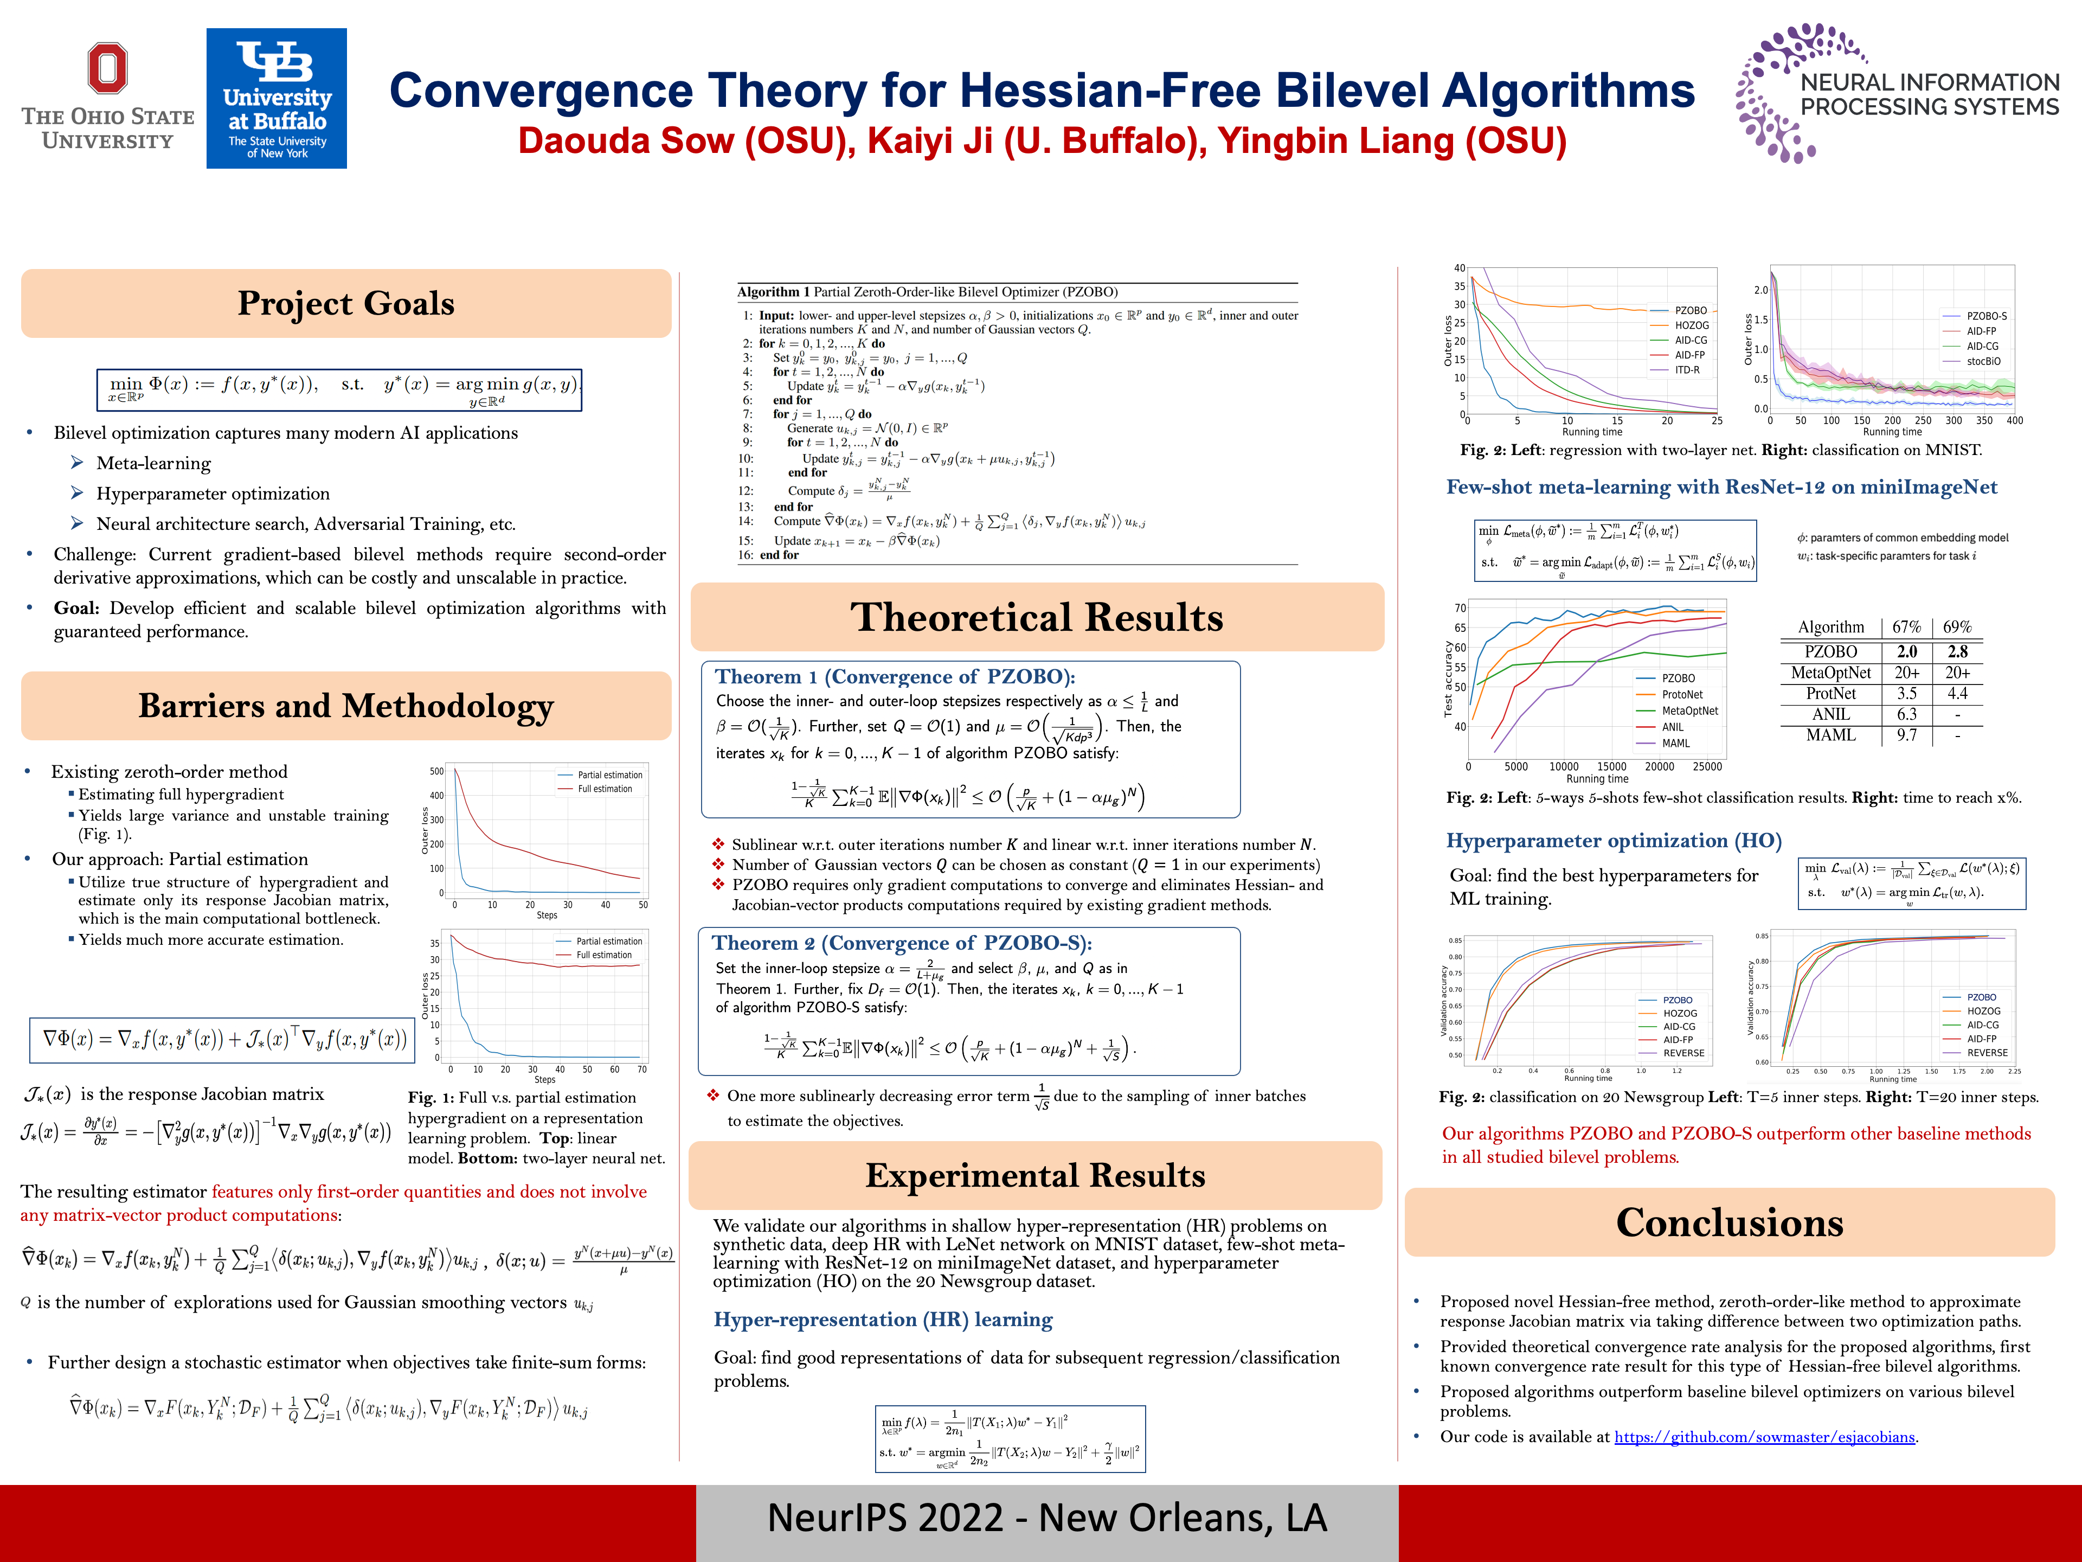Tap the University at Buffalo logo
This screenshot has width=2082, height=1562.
[x=276, y=98]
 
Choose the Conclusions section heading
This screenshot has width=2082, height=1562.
[x=1729, y=1222]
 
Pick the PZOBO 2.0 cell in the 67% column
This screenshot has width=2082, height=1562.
[x=1906, y=651]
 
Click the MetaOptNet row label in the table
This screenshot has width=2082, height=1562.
[x=1830, y=672]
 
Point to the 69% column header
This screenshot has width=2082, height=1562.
[x=1957, y=627]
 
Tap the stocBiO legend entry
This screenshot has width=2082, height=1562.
[x=1983, y=362]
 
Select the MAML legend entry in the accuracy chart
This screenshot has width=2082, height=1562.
[x=1675, y=743]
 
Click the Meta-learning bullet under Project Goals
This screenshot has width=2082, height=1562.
[x=153, y=463]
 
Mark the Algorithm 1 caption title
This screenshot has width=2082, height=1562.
[x=927, y=292]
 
